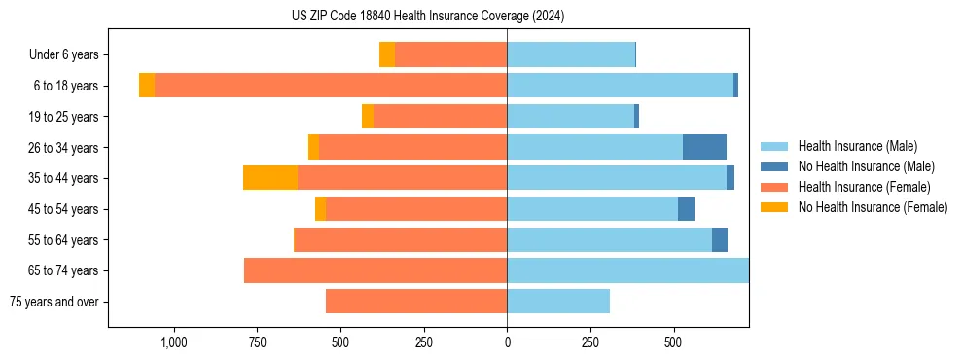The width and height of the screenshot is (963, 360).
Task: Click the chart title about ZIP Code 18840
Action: pyautogui.click(x=428, y=17)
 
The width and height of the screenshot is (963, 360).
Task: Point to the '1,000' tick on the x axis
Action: pyautogui.click(x=174, y=343)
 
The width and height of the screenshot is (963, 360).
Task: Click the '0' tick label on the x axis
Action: pyautogui.click(x=507, y=343)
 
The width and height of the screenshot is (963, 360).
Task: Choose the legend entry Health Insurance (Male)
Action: pyautogui.click(x=857, y=146)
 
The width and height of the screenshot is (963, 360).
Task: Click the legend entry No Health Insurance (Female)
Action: pyautogui.click(x=873, y=207)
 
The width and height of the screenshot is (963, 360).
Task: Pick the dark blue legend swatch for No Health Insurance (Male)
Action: pyautogui.click(x=775, y=166)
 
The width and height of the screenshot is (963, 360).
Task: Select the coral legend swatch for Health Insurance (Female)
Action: pyautogui.click(x=775, y=187)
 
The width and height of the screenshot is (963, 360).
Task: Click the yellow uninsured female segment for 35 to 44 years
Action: pyautogui.click(x=270, y=178)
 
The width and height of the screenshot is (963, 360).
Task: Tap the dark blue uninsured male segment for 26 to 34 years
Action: pyautogui.click(x=704, y=147)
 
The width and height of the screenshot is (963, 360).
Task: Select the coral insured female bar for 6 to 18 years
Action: pyautogui.click(x=331, y=86)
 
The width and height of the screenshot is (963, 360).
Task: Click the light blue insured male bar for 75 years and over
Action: pyautogui.click(x=558, y=302)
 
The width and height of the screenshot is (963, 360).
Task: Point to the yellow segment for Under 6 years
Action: pyautogui.click(x=387, y=54)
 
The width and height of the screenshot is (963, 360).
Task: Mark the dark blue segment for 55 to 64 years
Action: pyautogui.click(x=720, y=239)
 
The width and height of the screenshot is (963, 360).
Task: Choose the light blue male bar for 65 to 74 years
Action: pyautogui.click(x=627, y=270)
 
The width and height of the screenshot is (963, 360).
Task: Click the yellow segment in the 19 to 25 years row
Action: pyautogui.click(x=368, y=117)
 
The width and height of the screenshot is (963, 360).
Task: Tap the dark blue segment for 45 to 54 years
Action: pyautogui.click(x=686, y=209)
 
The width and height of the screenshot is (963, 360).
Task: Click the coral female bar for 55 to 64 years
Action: pyautogui.click(x=400, y=239)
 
